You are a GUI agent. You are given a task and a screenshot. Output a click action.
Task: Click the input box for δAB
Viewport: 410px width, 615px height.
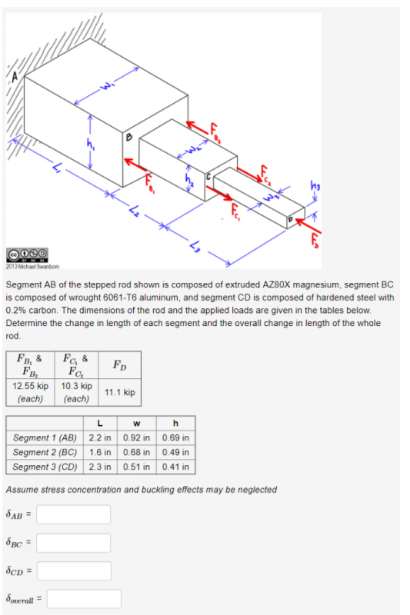pos(73,514)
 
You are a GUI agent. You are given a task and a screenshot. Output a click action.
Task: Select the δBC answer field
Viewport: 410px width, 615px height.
pos(73,543)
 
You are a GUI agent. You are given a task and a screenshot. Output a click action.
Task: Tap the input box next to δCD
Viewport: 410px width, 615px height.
pos(74,570)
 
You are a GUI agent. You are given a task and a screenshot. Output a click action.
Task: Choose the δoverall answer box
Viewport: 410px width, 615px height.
pos(84,599)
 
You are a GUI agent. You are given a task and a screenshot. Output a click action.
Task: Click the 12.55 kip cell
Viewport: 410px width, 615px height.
pos(30,392)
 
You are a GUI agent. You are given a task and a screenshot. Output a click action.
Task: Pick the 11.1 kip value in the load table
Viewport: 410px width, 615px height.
pos(120,392)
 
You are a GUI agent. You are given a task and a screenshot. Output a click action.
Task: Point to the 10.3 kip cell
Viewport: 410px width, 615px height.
pos(76,392)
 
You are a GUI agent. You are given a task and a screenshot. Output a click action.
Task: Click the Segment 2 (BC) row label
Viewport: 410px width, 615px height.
pos(45,452)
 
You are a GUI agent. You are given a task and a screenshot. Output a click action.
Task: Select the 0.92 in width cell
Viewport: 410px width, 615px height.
pos(136,437)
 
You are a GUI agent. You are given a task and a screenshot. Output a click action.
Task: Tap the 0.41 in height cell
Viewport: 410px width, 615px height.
pos(175,467)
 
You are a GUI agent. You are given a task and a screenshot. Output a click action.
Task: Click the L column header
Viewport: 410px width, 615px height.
pos(100,424)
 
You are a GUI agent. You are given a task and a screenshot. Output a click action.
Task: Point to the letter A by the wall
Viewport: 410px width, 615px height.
pos(15,78)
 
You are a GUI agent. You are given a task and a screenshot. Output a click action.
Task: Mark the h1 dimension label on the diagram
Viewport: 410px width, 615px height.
pos(91,145)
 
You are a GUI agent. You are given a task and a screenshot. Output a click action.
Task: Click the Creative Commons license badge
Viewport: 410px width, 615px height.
pos(28,255)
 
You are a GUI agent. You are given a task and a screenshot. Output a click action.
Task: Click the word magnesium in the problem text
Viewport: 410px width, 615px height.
pos(317,284)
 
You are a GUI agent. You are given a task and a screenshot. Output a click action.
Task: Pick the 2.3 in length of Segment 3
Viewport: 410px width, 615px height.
pos(100,467)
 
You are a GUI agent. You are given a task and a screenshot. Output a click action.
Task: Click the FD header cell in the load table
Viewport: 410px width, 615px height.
pos(120,364)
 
